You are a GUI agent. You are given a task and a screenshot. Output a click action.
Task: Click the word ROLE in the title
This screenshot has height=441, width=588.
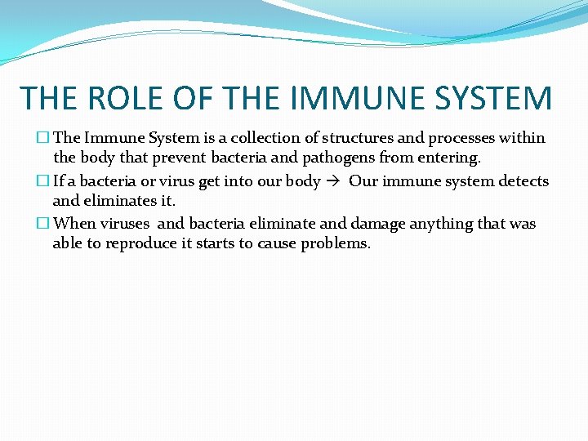click(132, 99)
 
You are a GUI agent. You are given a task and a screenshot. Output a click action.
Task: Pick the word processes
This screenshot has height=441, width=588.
click(458, 139)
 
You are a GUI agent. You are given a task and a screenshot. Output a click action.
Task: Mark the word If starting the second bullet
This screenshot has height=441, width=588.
click(60, 181)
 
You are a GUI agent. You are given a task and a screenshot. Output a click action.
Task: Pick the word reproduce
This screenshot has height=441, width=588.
click(150, 243)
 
